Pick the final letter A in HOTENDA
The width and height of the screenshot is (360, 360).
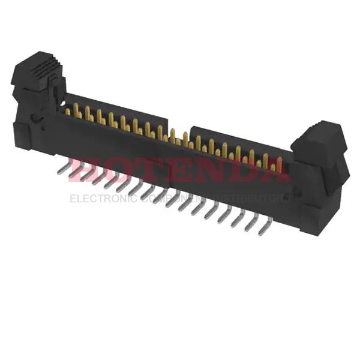(x=276, y=170)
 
